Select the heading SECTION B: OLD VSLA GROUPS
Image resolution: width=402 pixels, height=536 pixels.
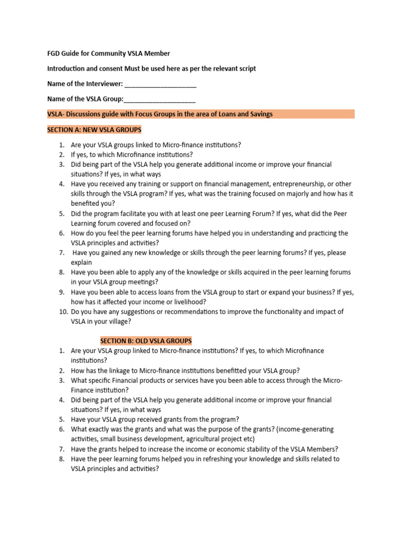146,341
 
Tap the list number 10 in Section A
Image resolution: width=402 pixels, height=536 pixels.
63,311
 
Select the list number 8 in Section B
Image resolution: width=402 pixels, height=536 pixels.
61,459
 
